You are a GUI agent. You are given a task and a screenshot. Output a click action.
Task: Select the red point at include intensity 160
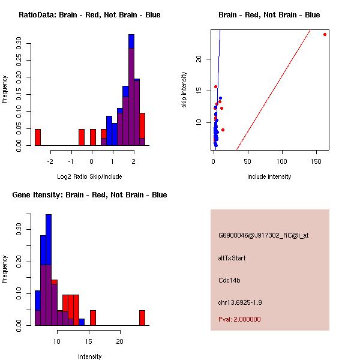tap(325, 34)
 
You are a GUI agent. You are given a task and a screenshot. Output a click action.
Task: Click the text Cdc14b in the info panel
tap(230, 280)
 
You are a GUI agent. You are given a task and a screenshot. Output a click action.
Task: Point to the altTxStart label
tap(232, 258)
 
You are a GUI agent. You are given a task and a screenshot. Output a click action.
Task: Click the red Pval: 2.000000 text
tap(239, 319)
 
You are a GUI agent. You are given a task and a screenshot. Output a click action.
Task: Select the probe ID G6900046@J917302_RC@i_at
tap(263, 236)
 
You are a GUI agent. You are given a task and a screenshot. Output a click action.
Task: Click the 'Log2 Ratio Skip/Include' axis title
tap(90, 176)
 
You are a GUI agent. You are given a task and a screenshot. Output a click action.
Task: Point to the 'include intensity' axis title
tap(269, 176)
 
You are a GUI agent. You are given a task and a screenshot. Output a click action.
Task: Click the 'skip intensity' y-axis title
tap(184, 90)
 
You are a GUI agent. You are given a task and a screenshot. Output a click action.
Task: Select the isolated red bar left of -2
tap(37, 137)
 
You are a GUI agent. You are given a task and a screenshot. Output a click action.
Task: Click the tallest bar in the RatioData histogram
tap(131, 90)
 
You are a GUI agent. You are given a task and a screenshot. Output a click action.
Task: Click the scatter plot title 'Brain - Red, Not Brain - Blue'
tap(269, 14)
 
